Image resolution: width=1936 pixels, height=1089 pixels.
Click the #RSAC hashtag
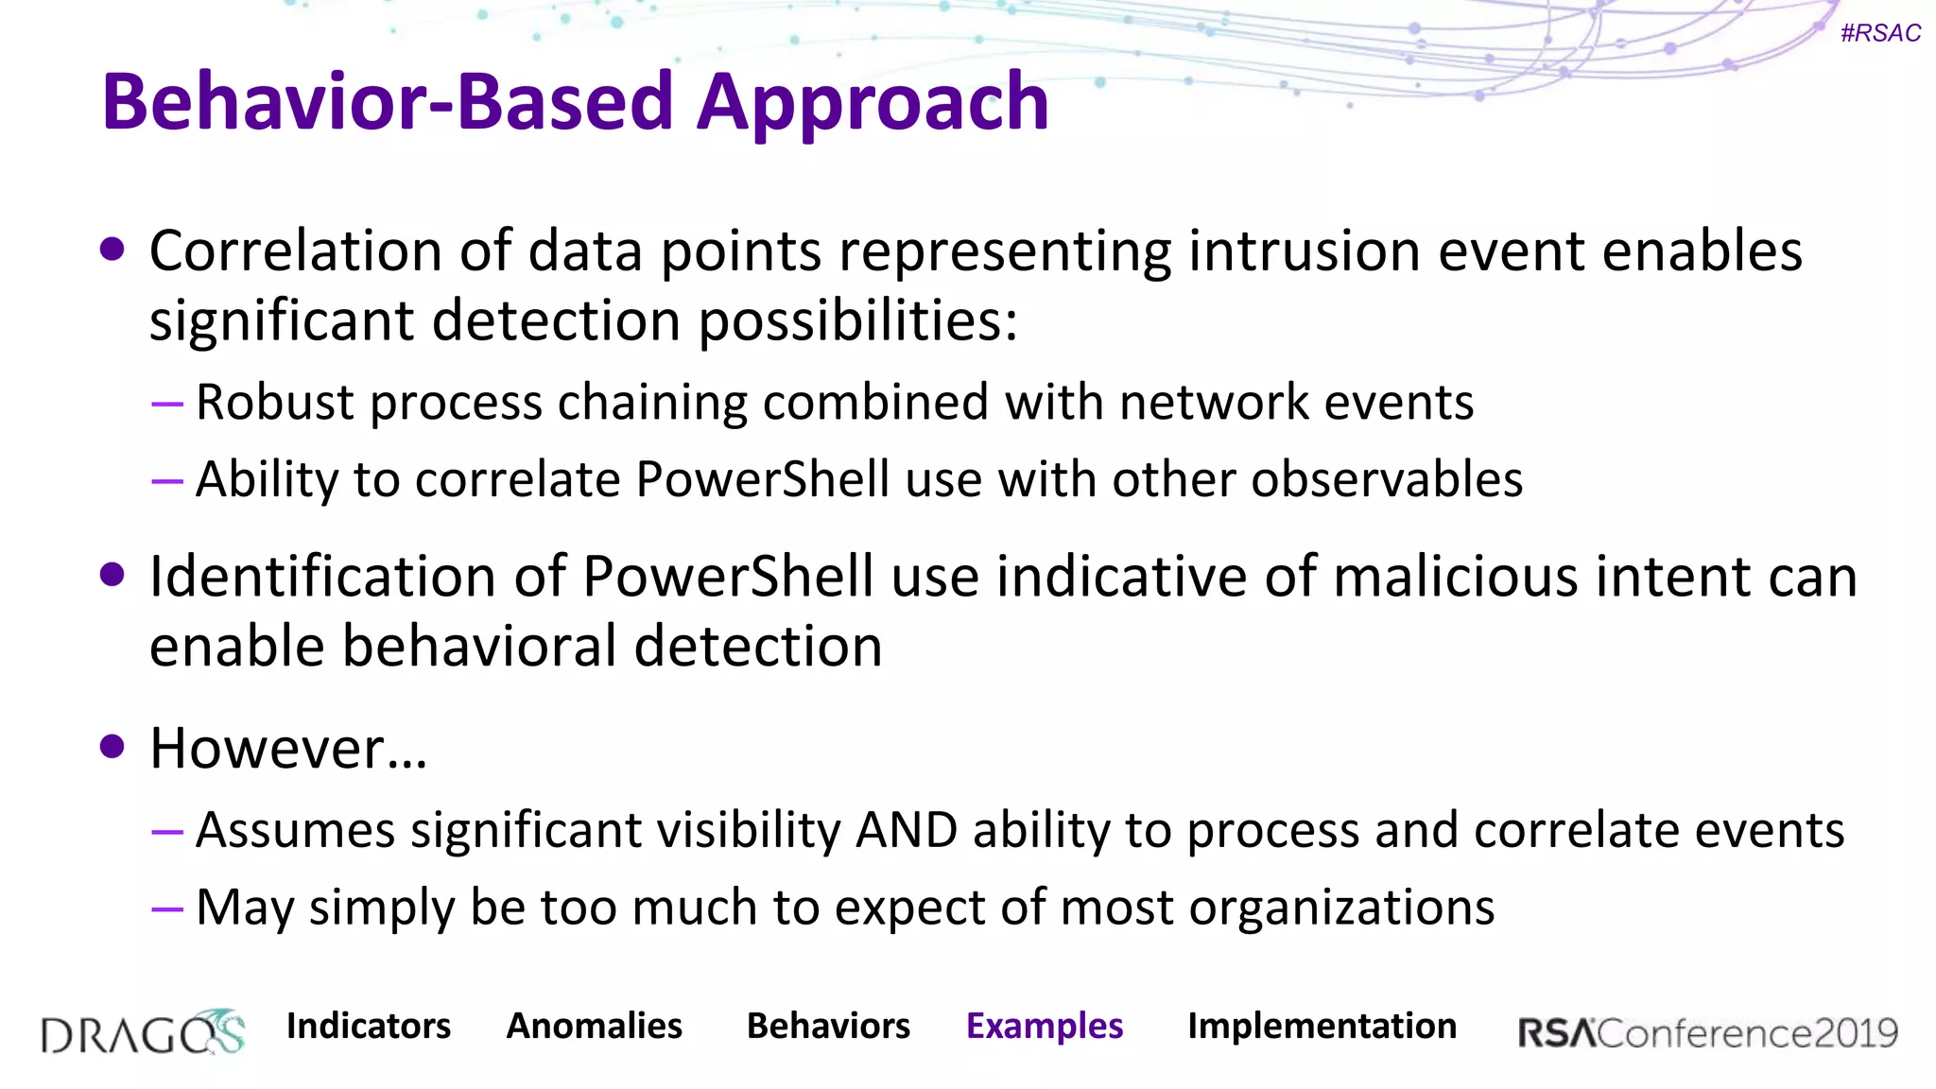tap(1880, 33)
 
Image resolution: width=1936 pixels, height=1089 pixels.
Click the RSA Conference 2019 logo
tap(1707, 1032)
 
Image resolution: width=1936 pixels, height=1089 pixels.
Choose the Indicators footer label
tap(369, 1026)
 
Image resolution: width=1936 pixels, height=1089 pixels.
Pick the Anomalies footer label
tap(595, 1026)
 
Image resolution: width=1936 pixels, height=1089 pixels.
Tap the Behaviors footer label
tap(828, 1026)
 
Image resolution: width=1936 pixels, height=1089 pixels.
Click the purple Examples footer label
tap(1045, 1026)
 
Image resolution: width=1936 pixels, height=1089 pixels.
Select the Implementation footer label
tap(1322, 1026)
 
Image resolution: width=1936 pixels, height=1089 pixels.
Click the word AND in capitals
tap(907, 830)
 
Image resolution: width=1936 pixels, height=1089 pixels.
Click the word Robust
tap(274, 402)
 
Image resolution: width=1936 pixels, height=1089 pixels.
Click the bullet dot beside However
tap(112, 747)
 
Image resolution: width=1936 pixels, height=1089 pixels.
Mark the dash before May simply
tap(167, 909)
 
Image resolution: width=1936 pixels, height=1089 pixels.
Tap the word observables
tap(1387, 479)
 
